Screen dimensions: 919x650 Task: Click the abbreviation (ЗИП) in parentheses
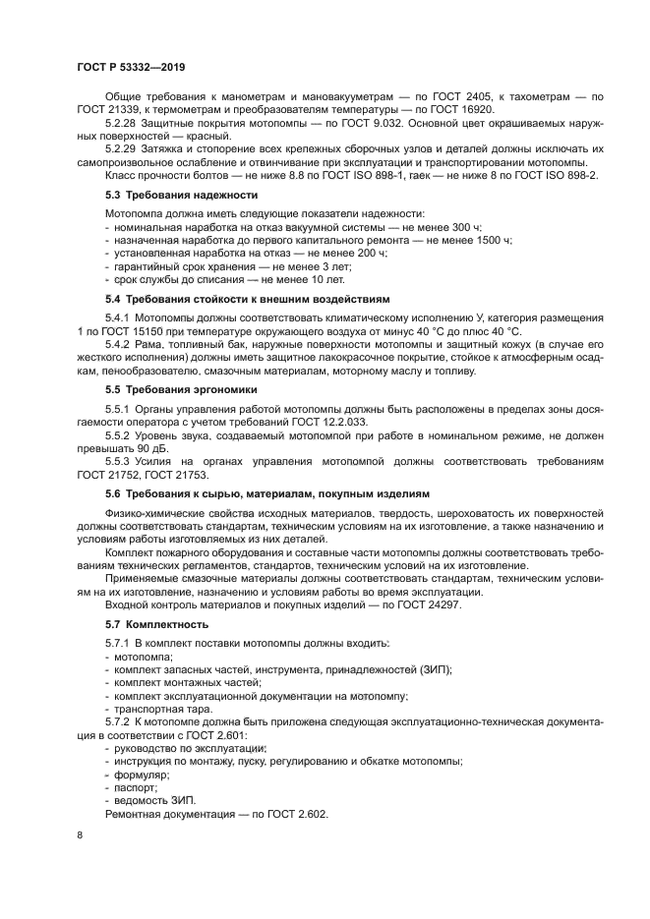(x=433, y=668)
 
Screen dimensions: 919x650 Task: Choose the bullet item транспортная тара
(x=160, y=708)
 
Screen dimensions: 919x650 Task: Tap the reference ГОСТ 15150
(x=158, y=333)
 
